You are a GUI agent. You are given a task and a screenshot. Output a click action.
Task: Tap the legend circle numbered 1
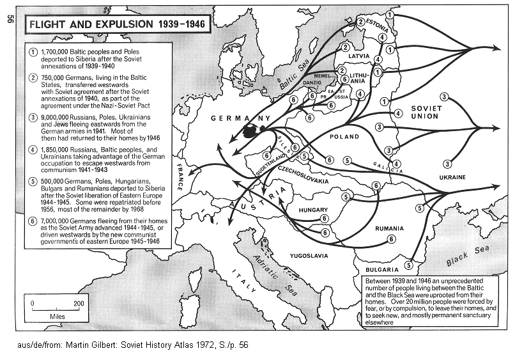[33, 51]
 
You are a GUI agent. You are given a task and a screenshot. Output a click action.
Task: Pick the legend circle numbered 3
[33, 118]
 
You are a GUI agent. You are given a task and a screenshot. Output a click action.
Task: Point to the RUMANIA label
[389, 228]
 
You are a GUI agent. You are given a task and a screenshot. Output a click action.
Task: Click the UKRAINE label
[451, 177]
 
